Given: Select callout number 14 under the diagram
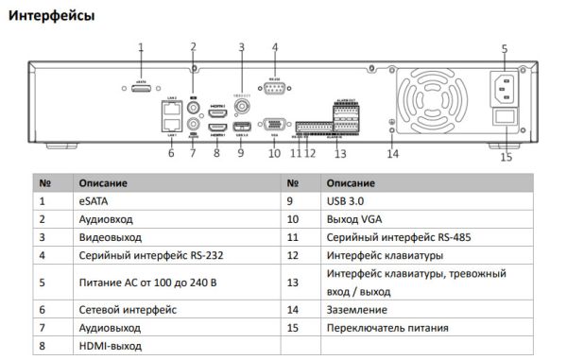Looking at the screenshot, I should [393, 153].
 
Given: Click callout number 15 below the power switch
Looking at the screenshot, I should [506, 157].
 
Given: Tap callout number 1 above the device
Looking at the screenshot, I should [141, 46].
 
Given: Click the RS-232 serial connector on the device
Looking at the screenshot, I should [275, 91].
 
